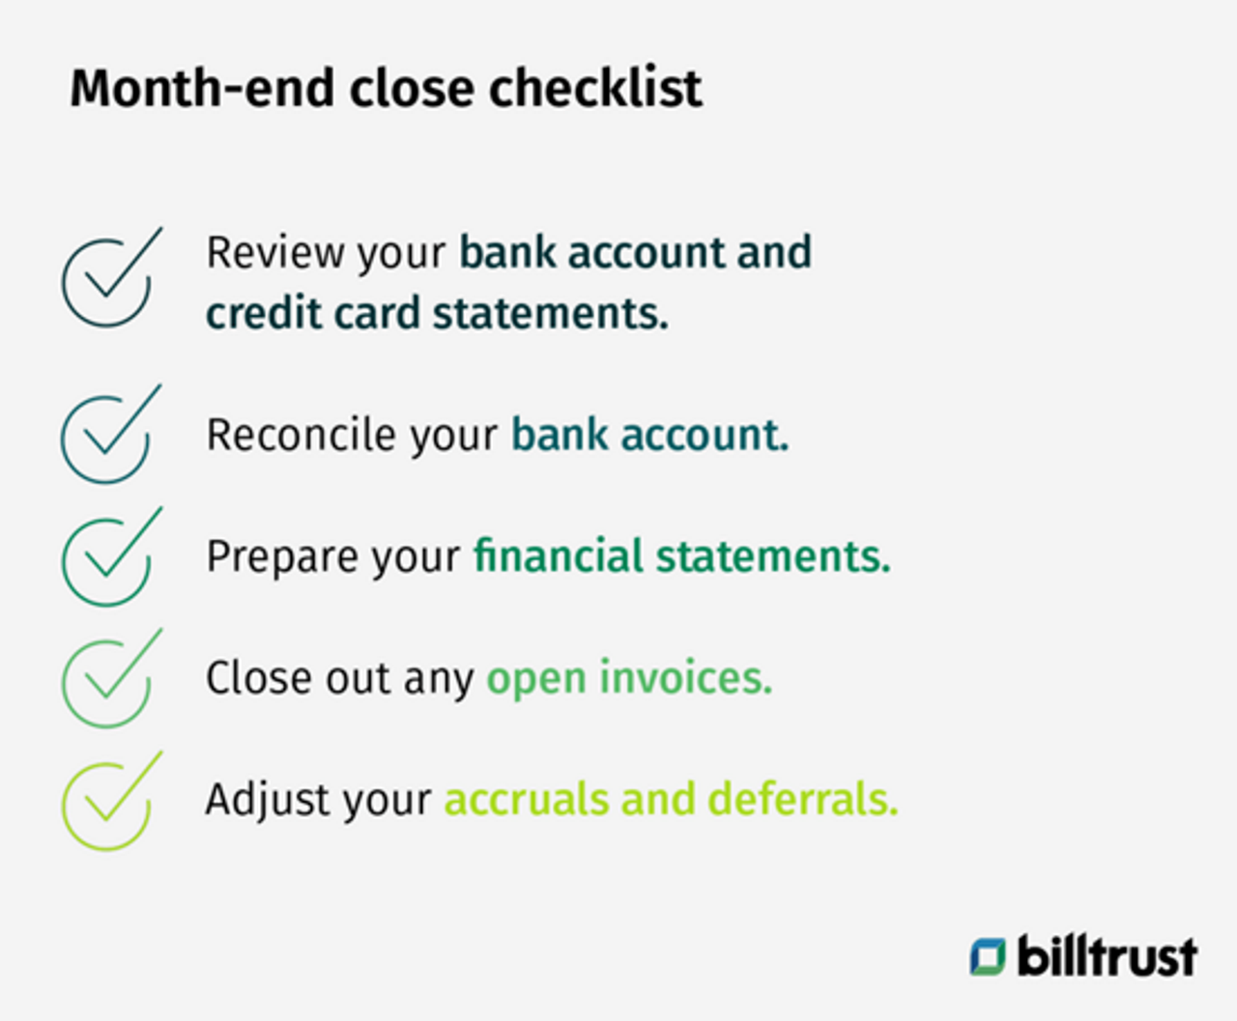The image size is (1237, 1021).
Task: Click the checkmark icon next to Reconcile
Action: (108, 437)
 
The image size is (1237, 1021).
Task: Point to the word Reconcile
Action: (301, 435)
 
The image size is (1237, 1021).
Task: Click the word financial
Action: (558, 556)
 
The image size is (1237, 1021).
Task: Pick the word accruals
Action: (526, 800)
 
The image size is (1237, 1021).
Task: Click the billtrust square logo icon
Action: (988, 956)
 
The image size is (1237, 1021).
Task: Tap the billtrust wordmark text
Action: (1107, 956)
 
